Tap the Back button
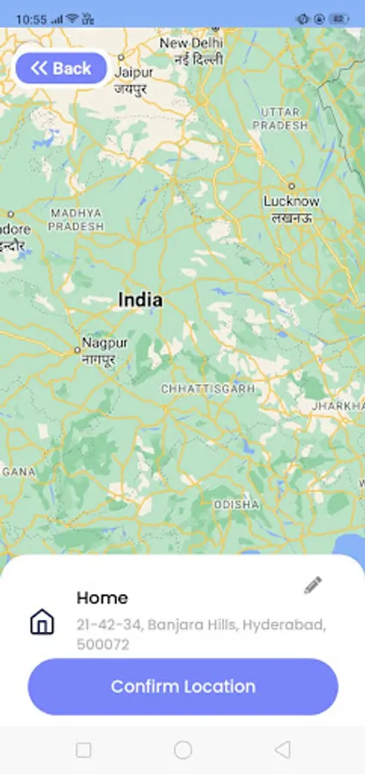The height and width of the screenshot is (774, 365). [x=61, y=69]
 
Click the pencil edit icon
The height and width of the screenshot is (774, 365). [x=313, y=586]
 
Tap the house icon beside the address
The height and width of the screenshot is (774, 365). [x=42, y=622]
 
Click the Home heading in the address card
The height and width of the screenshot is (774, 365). [x=102, y=598]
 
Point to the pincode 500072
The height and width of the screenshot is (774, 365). [x=103, y=644]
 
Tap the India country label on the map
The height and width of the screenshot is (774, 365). [x=140, y=300]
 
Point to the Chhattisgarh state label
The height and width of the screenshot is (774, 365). [x=208, y=389]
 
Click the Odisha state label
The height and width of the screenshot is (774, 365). [x=236, y=504]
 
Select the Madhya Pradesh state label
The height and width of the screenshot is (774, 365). [x=76, y=219]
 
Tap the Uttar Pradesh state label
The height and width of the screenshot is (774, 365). [x=280, y=119]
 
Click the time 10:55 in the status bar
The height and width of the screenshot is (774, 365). [x=30, y=18]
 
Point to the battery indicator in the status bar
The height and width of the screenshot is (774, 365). [x=338, y=18]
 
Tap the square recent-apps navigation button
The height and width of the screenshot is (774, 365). [x=83, y=750]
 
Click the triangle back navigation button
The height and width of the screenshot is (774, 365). [x=283, y=750]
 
